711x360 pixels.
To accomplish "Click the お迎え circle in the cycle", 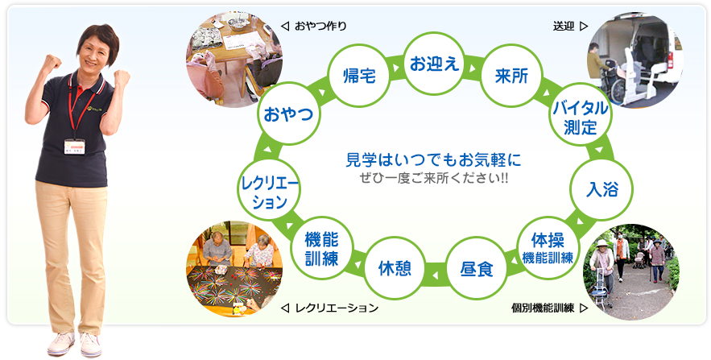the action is click(434, 63).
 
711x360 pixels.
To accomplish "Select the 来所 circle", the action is click(511, 76).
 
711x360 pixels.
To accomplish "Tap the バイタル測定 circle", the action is click(580, 115).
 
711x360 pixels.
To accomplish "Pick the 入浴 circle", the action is click(601, 189).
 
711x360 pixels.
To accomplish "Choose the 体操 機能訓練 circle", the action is click(548, 247).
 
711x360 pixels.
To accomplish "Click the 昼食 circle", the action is click(477, 268).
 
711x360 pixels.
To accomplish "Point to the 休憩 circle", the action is click(395, 268).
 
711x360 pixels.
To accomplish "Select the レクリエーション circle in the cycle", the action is click(270, 189).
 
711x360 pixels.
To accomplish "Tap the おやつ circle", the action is click(288, 114).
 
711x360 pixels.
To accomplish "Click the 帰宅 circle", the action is click(360, 76).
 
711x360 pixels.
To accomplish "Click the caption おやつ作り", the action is click(320, 27).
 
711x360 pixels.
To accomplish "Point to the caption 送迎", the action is click(564, 27).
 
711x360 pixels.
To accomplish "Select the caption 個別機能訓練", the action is click(543, 308).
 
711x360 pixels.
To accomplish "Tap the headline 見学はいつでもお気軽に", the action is click(433, 160).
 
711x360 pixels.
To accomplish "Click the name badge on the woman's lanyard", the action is click(74, 147).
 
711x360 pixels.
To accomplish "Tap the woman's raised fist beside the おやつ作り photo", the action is click(122, 77).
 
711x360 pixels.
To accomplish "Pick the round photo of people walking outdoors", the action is click(631, 271).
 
